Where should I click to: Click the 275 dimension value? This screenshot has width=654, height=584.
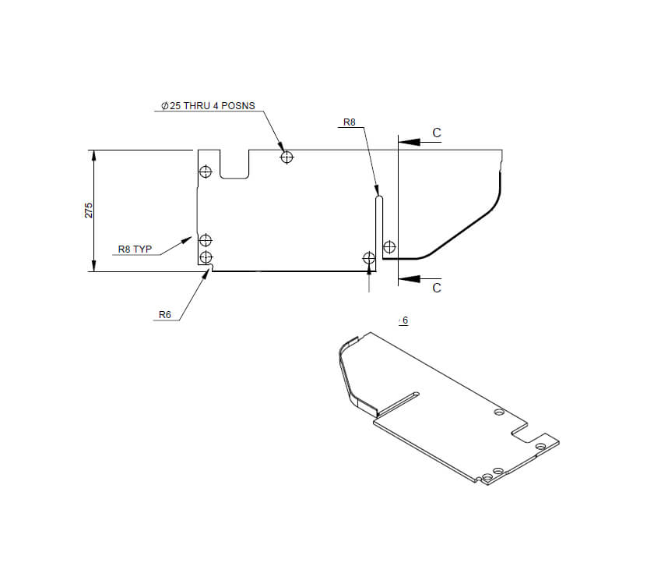88,211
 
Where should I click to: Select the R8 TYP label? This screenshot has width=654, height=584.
135,250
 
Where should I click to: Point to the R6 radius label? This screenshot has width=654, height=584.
164,315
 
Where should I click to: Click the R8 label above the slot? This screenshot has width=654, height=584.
349,122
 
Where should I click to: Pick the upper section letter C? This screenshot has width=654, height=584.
437,133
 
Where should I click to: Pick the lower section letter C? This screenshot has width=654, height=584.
437,288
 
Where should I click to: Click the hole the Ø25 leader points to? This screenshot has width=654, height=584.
287,158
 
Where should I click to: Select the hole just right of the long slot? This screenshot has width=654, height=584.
389,248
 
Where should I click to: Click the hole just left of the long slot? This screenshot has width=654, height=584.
369,257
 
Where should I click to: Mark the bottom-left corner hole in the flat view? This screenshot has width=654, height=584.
206,257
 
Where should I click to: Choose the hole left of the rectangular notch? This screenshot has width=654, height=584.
206,172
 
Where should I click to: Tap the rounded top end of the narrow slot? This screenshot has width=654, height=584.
378,199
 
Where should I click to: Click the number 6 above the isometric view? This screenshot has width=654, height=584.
404,320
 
